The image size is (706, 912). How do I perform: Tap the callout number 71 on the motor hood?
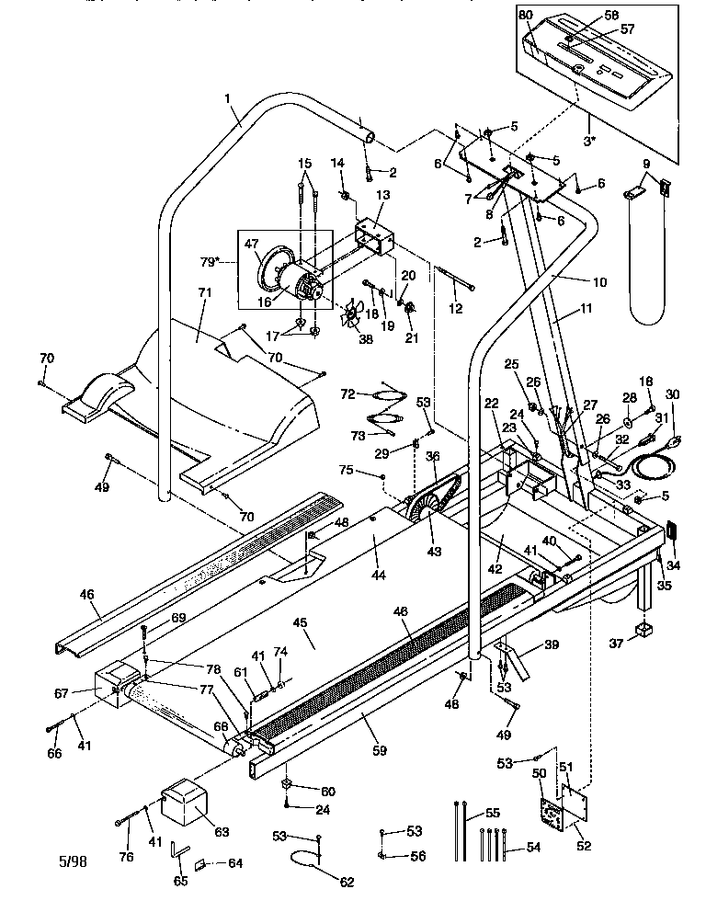point(204,292)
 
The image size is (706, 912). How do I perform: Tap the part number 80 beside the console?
point(526,16)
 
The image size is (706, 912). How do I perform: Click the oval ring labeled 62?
point(306,860)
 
